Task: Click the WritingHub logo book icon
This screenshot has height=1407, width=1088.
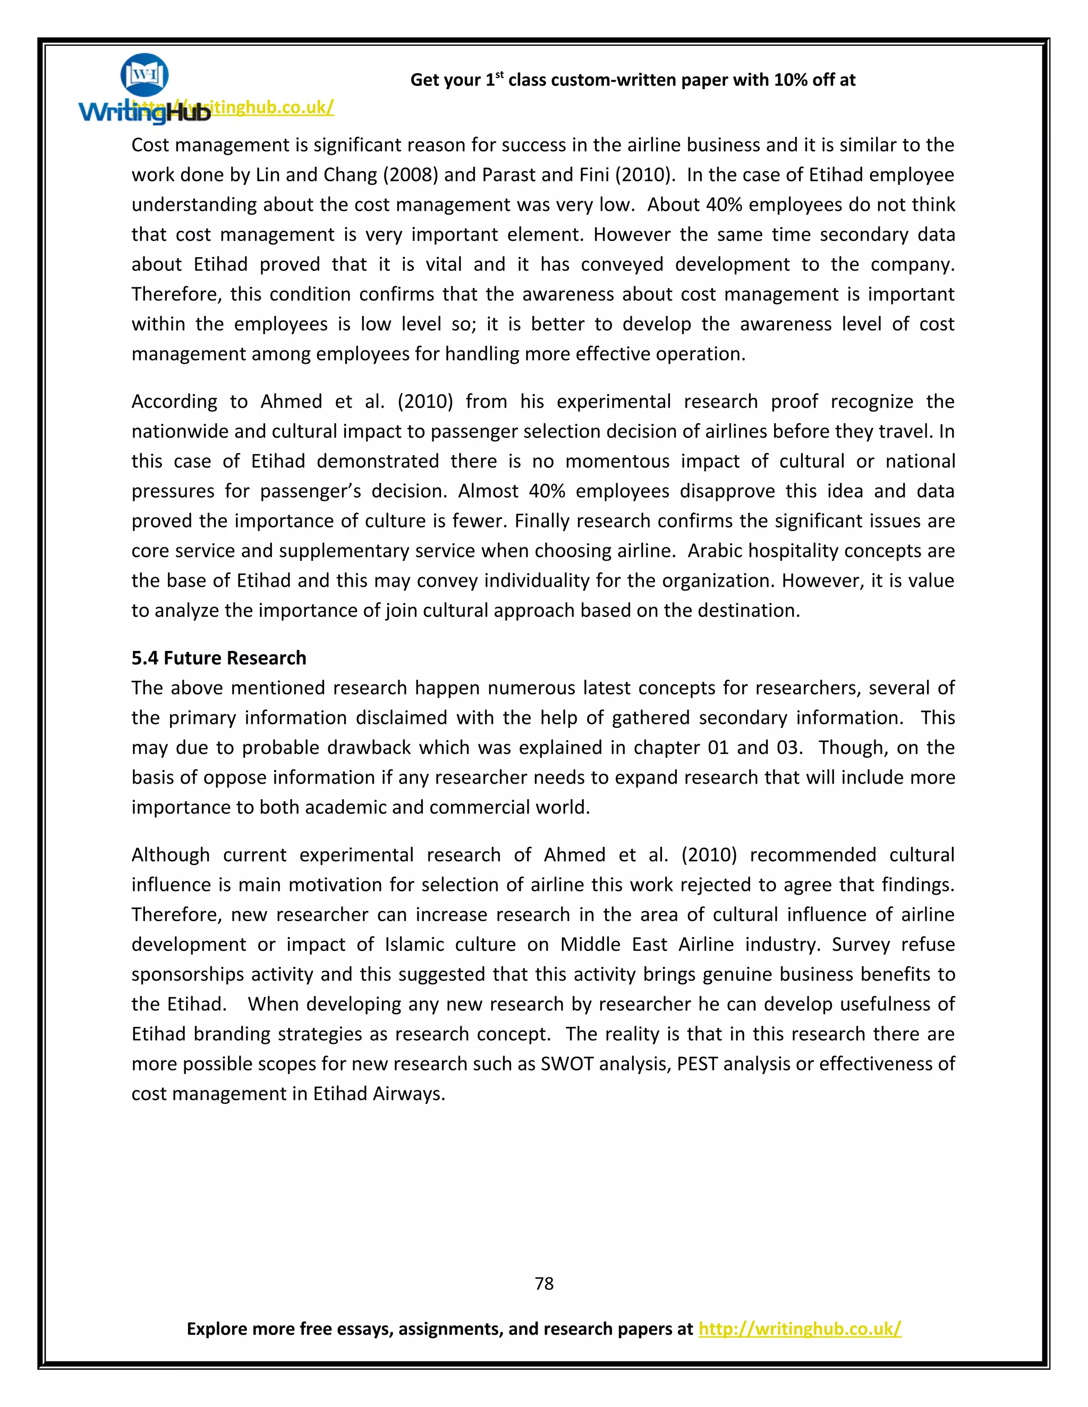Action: pos(144,75)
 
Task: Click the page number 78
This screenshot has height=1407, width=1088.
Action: pos(544,1283)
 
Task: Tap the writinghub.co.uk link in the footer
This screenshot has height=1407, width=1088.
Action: pos(799,1328)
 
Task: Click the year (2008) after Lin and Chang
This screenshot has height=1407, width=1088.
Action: pos(411,175)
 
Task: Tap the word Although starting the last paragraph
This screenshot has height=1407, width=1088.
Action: pos(170,855)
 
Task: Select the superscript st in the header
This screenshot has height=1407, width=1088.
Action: pos(499,75)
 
